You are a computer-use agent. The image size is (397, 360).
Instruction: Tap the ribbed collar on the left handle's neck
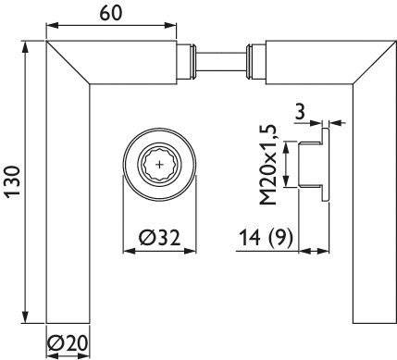click(x=191, y=61)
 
